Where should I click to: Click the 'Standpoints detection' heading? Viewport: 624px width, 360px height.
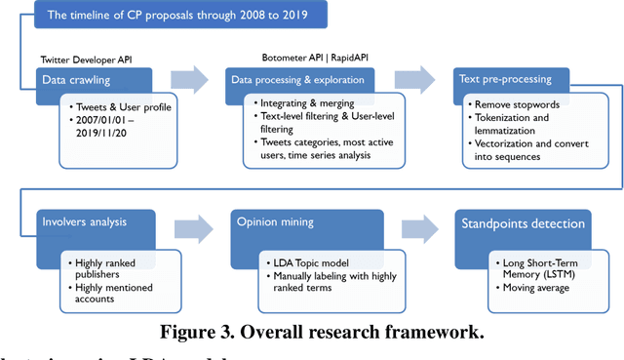coord(525,224)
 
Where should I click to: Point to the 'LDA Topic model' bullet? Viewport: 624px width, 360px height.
coord(309,264)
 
